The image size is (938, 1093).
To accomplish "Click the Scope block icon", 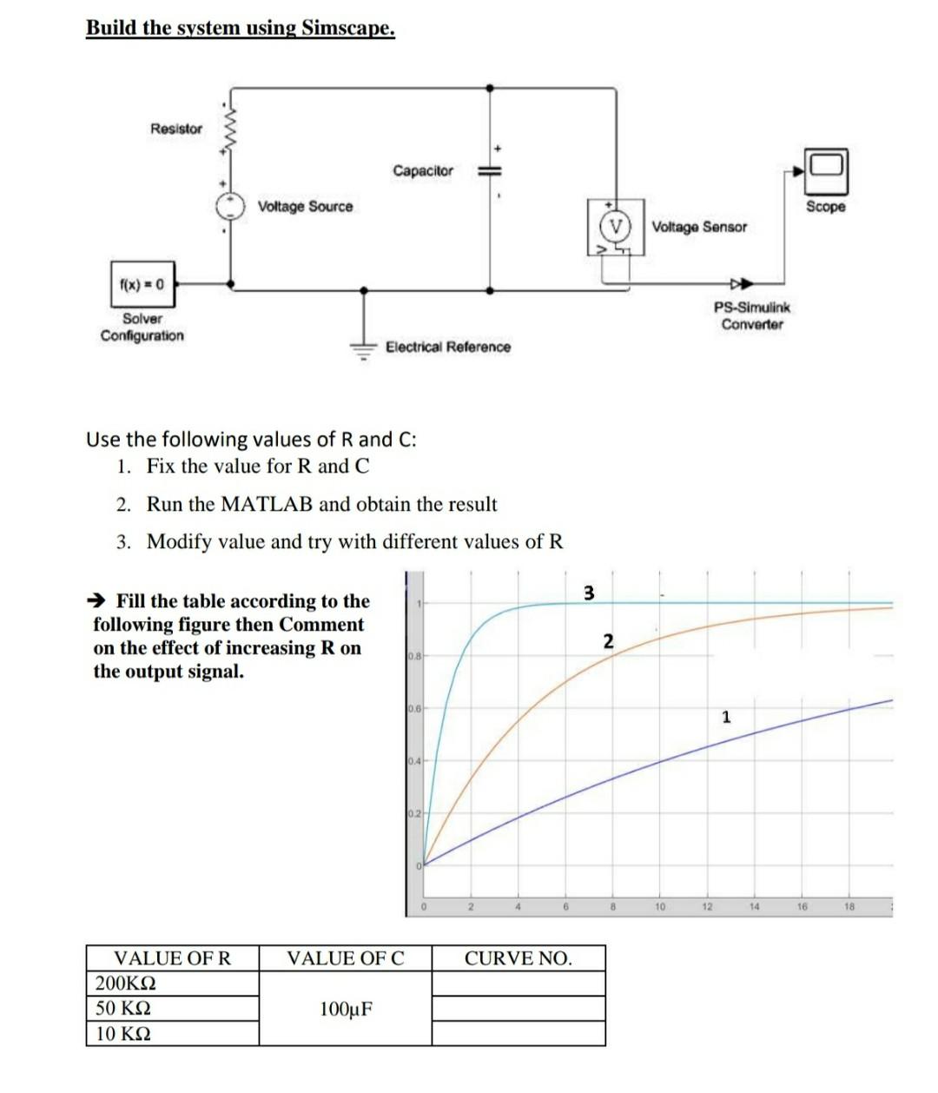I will [x=826, y=171].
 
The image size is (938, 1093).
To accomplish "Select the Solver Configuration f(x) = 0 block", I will [x=142, y=284].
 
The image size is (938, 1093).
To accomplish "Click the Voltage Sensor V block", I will [x=616, y=227].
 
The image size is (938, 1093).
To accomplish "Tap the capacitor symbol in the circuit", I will [x=490, y=171].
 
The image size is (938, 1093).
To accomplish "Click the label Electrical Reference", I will [x=447, y=347].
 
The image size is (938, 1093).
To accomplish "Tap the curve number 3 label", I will [x=588, y=593].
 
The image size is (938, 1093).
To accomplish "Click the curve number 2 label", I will [x=608, y=642].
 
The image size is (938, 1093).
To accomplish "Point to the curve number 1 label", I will [x=726, y=717].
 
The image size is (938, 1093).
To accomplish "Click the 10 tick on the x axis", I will [x=660, y=907].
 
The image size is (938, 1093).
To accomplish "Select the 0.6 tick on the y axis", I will [x=413, y=709].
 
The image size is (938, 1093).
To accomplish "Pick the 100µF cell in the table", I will [x=346, y=1009].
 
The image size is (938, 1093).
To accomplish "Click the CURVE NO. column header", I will [x=518, y=958].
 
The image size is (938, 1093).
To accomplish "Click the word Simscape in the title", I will [x=347, y=28].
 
